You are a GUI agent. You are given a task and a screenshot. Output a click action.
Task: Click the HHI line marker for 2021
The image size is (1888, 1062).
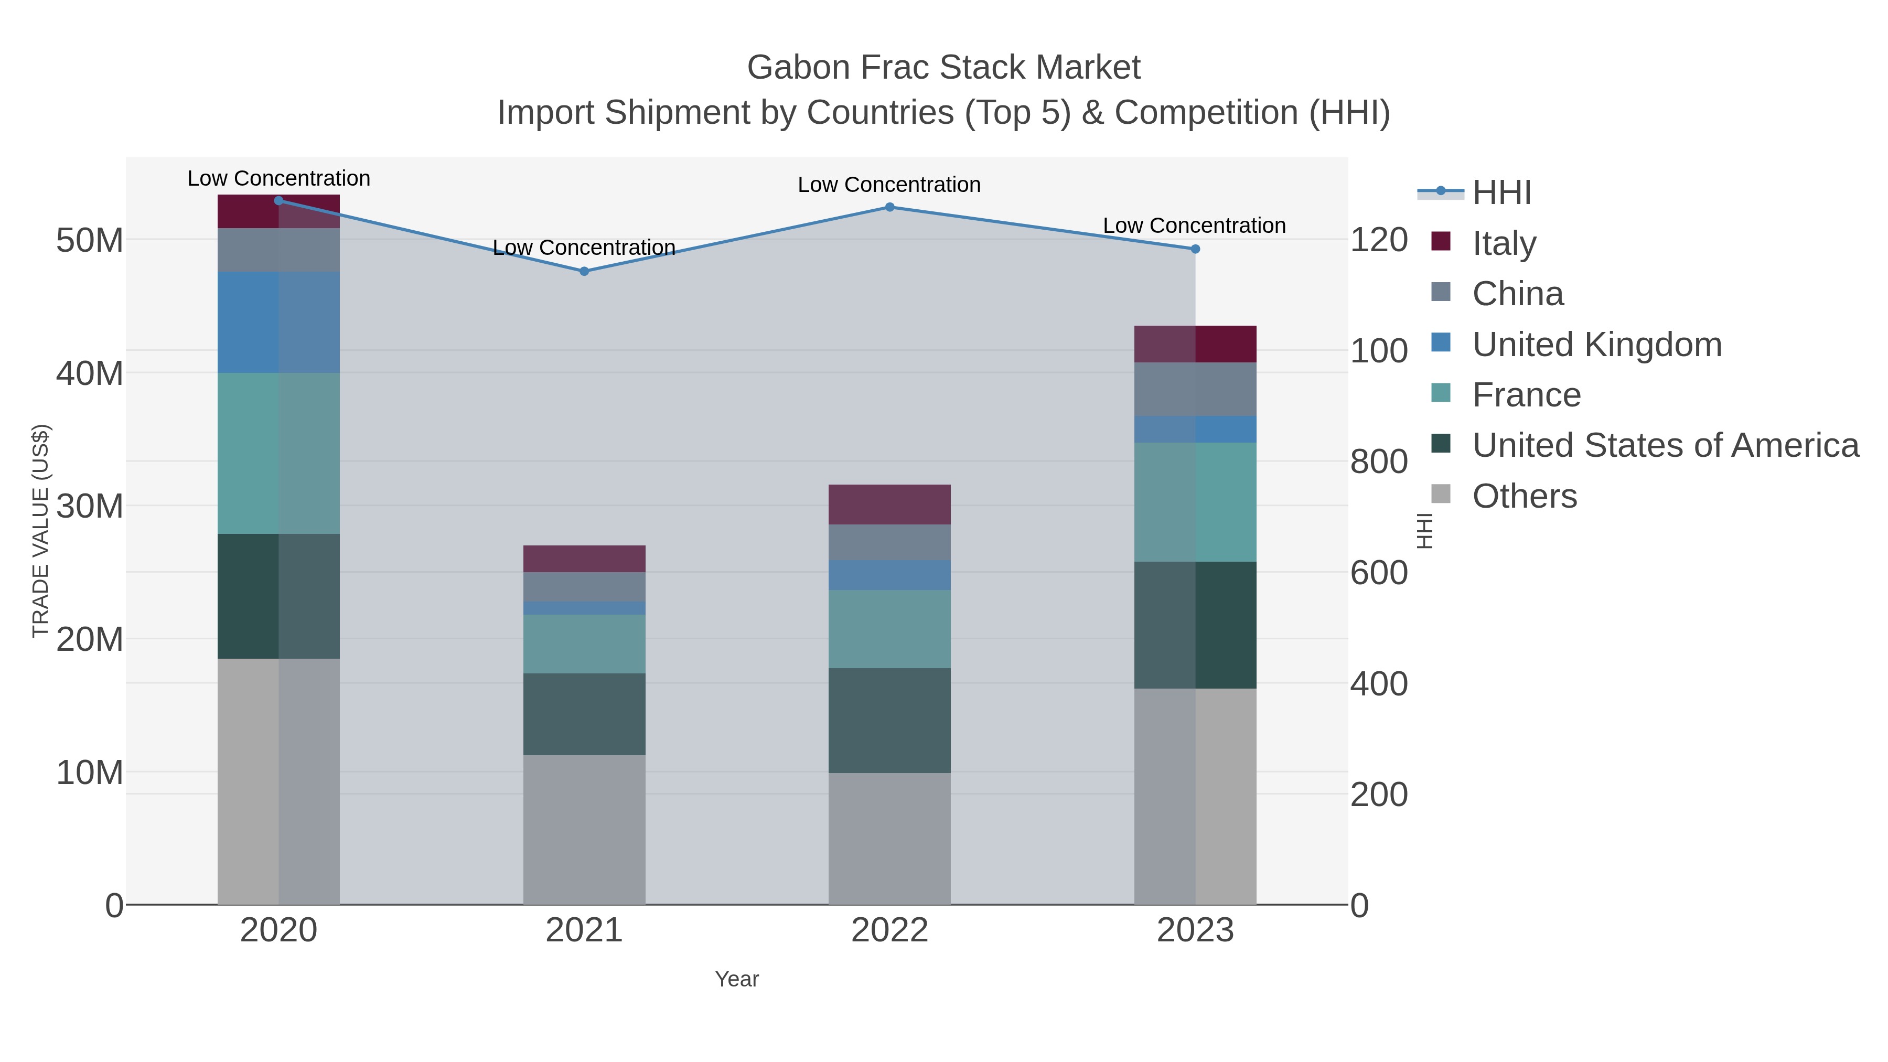coord(584,271)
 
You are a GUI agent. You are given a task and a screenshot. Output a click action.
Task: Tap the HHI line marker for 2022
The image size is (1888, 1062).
coord(890,207)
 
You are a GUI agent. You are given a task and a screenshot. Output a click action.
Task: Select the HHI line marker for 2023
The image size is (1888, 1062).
coord(1195,249)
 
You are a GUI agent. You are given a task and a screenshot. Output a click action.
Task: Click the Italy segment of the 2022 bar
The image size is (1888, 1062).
coord(890,504)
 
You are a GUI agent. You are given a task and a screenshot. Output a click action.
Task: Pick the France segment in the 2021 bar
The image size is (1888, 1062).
coord(584,643)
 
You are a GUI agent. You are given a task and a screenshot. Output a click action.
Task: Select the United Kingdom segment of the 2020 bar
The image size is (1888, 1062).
coord(278,323)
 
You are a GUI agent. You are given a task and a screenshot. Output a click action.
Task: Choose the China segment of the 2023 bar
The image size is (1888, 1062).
coord(1195,389)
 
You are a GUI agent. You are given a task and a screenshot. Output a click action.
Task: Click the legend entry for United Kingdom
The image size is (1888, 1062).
coord(1596,345)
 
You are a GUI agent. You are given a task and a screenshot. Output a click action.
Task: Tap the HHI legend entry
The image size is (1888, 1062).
coord(1501,193)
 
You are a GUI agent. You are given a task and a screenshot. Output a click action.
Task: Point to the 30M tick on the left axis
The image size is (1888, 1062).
coord(89,506)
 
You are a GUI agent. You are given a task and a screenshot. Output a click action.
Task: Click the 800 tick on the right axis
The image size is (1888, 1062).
coord(1379,462)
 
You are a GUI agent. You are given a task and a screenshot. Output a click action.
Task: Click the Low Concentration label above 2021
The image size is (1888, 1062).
coord(584,248)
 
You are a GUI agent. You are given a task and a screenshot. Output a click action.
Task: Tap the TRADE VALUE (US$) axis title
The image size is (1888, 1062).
coord(40,531)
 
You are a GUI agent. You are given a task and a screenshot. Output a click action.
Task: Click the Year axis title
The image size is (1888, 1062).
coord(737,979)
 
